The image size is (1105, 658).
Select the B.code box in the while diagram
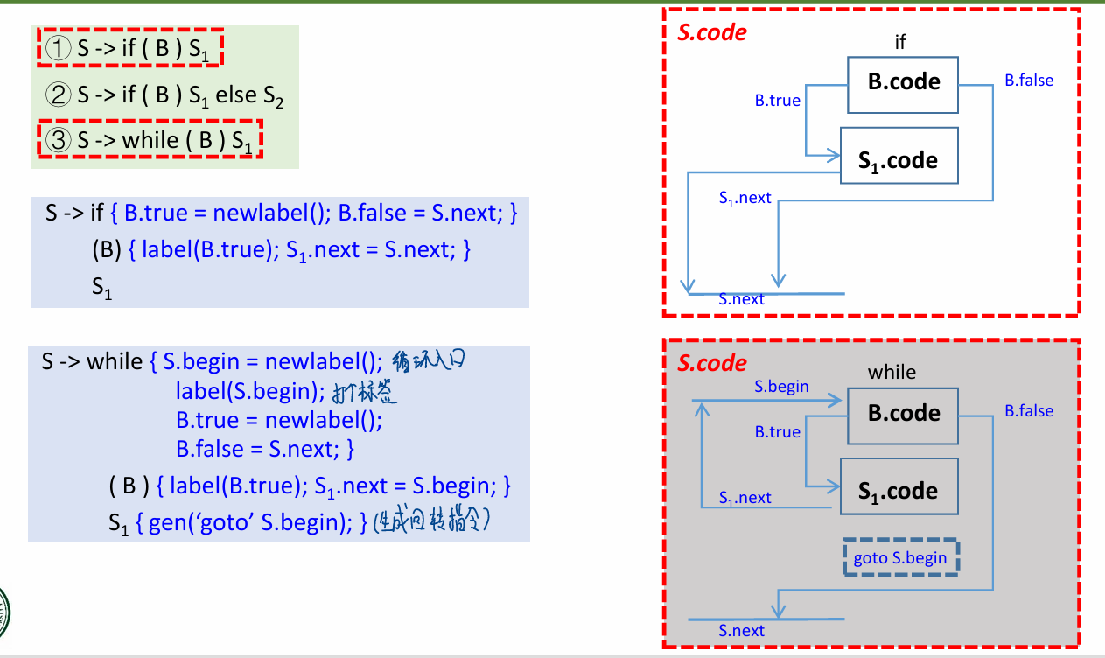click(x=903, y=415)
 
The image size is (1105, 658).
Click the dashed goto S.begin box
click(x=900, y=558)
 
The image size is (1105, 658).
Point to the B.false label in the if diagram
click(x=1028, y=80)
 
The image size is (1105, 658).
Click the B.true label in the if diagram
click(x=777, y=101)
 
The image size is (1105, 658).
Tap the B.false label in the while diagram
click(x=1028, y=411)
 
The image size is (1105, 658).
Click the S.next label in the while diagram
click(x=741, y=631)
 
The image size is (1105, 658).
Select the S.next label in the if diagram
click(x=741, y=299)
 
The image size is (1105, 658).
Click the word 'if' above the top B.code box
click(x=900, y=42)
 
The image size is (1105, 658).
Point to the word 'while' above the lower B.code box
click(x=892, y=373)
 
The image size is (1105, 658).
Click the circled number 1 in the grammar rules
click(x=58, y=49)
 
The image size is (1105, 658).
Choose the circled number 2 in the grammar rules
click(x=58, y=94)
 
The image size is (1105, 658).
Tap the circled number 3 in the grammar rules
click(x=58, y=140)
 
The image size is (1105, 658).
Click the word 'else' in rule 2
click(x=236, y=94)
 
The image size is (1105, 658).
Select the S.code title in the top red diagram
click(x=712, y=33)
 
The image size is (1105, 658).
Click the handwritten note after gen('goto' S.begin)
click(x=430, y=523)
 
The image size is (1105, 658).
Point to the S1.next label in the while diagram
click(x=745, y=498)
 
